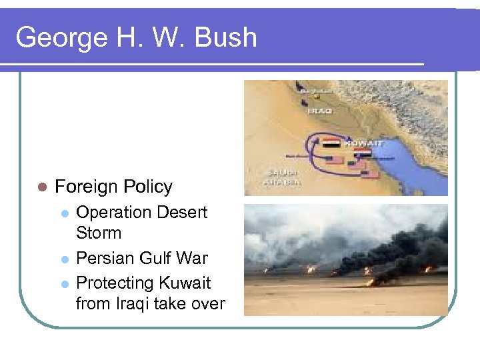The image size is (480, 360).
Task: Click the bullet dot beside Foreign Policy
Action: click(42, 187)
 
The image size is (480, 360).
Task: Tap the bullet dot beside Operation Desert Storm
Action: click(64, 213)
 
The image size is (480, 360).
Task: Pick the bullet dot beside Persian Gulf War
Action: click(64, 259)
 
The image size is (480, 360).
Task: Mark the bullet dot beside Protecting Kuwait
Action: click(64, 283)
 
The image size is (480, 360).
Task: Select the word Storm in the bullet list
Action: click(99, 233)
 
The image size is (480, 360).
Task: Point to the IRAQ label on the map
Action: click(319, 111)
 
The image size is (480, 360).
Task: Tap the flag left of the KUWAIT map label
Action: click(331, 143)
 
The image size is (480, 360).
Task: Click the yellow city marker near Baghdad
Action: click(317, 96)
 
